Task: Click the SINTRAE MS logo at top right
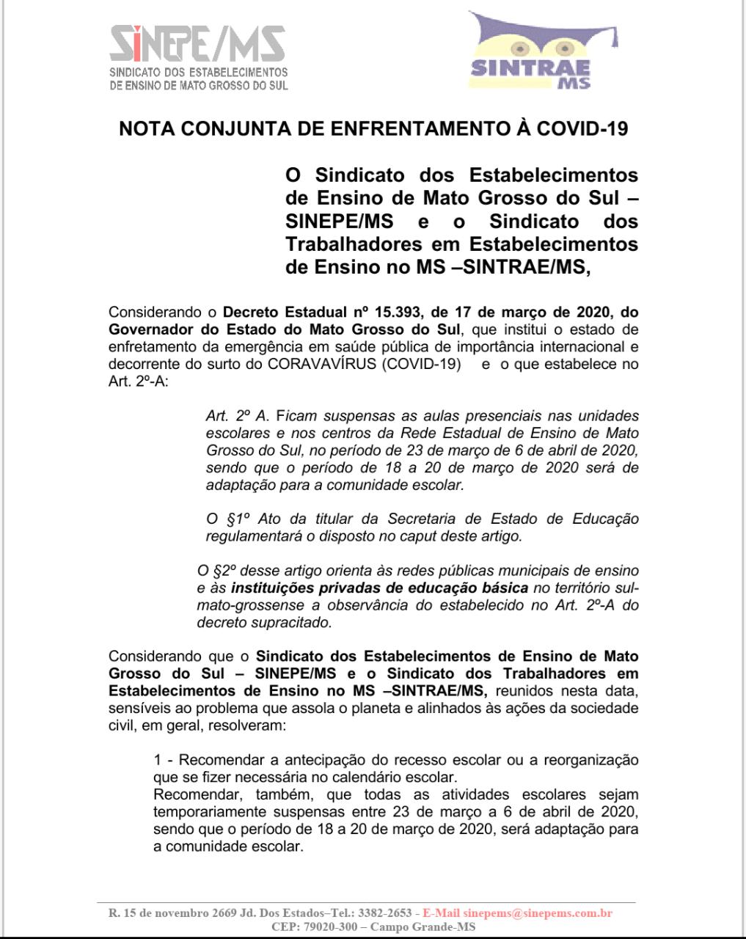pyautogui.click(x=542, y=51)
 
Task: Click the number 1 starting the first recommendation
pyautogui.click(x=158, y=759)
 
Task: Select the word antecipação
pyautogui.click(x=312, y=759)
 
